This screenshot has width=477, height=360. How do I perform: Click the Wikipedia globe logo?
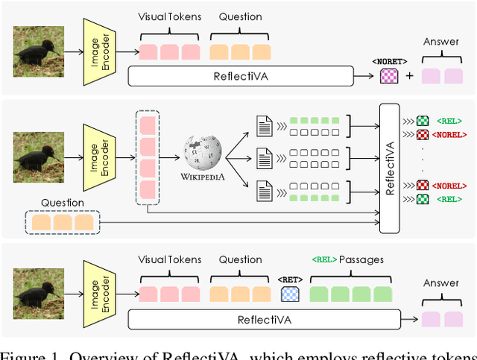203,153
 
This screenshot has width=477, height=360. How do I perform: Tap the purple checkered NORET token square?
390,75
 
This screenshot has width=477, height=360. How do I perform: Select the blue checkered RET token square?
290,293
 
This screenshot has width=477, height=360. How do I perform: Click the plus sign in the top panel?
409,75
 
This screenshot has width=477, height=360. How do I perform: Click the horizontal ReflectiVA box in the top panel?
241,75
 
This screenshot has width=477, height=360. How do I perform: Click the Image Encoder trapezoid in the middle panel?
98,157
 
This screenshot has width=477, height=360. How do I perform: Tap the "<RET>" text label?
290,277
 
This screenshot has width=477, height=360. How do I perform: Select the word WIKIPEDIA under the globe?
203,177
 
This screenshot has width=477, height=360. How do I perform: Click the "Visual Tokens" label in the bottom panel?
170,260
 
